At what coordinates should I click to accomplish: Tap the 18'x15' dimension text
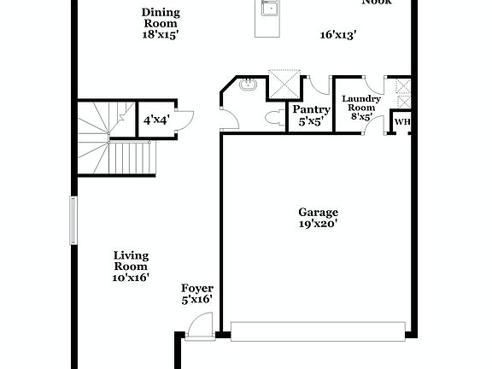160,36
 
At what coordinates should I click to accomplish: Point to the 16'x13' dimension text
337,35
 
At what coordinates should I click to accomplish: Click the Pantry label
311,109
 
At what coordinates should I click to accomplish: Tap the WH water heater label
402,122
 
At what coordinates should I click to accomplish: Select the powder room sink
249,85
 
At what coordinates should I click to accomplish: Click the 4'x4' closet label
155,120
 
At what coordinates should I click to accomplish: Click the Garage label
318,212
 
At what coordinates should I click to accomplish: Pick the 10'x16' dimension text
131,278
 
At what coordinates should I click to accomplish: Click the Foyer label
196,289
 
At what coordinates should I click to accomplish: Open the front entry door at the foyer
198,325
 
